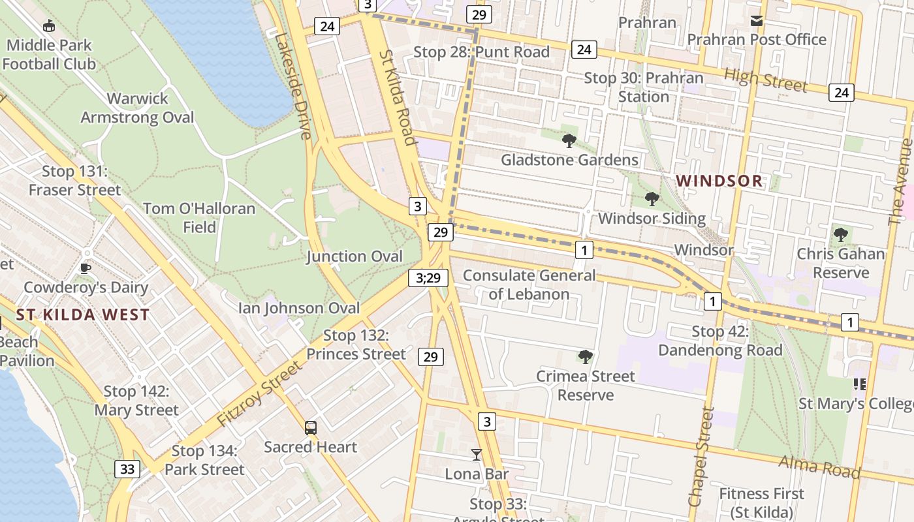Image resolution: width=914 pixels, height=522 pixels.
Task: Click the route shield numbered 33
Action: coord(127,468)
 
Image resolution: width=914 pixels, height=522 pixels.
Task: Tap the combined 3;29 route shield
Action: coord(428,277)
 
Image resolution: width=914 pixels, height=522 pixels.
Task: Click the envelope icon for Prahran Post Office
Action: coord(756,21)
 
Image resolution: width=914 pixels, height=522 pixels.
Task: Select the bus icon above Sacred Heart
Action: coord(311,428)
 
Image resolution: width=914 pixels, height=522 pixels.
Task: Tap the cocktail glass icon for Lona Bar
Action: coord(477,454)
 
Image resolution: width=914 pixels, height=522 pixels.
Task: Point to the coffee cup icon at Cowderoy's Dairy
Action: coord(85,268)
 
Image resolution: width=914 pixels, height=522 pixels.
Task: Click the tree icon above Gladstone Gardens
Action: coord(569,140)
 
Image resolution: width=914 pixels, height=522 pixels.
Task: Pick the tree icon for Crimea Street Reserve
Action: coord(586,357)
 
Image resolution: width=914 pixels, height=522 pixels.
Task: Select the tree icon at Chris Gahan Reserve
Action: coord(841,234)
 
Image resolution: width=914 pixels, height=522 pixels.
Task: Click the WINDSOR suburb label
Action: coord(719,181)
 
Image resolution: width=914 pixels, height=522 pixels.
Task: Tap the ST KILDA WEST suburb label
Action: coord(83,315)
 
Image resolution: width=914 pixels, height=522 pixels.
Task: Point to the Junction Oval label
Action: coord(355,256)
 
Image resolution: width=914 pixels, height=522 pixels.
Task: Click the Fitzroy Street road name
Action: coord(260,394)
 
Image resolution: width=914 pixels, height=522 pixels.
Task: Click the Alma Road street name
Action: coord(819,467)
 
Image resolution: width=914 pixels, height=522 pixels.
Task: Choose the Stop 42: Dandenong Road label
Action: coord(719,341)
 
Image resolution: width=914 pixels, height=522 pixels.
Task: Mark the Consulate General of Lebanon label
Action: coord(529,284)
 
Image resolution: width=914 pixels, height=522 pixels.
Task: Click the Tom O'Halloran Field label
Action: coord(199,218)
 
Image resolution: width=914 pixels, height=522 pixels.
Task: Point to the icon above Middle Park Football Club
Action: coord(48,26)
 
